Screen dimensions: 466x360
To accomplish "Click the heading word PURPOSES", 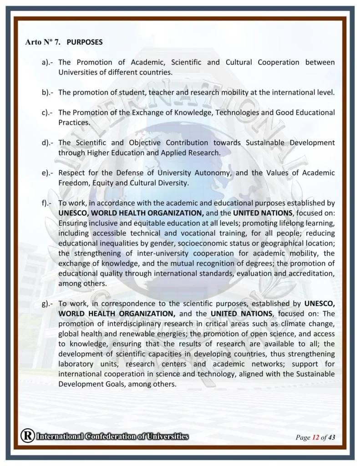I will [x=85, y=42].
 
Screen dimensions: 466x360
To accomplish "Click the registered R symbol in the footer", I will [x=27, y=436].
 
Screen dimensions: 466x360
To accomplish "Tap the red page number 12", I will [x=315, y=438].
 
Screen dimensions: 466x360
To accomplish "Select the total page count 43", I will [x=332, y=438].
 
